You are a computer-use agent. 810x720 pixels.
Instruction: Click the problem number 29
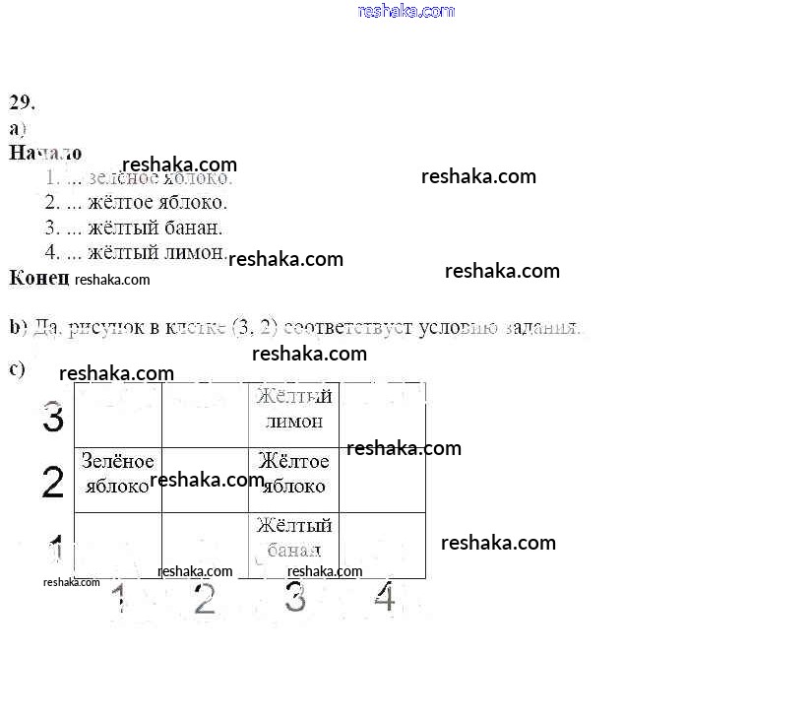click(x=23, y=102)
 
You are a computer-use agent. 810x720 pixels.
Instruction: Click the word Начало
click(x=45, y=154)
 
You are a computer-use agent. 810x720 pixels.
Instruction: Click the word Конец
click(x=38, y=278)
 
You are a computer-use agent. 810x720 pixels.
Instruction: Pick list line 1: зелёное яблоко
click(x=139, y=178)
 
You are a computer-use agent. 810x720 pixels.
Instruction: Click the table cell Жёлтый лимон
click(x=293, y=409)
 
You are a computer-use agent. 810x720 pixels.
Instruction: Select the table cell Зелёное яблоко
click(x=117, y=474)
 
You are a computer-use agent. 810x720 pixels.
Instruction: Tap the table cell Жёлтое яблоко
click(x=293, y=474)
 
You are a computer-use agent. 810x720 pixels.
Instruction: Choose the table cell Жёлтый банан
click(x=293, y=538)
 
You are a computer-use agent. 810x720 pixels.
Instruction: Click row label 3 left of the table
click(x=53, y=419)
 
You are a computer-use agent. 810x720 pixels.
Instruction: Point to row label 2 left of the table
click(x=53, y=483)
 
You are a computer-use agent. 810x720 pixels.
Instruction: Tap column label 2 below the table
click(x=204, y=598)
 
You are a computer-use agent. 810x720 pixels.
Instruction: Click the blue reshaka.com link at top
click(x=406, y=11)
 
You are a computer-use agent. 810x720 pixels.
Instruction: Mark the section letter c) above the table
click(x=17, y=369)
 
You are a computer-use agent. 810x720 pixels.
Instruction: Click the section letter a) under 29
click(x=17, y=128)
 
